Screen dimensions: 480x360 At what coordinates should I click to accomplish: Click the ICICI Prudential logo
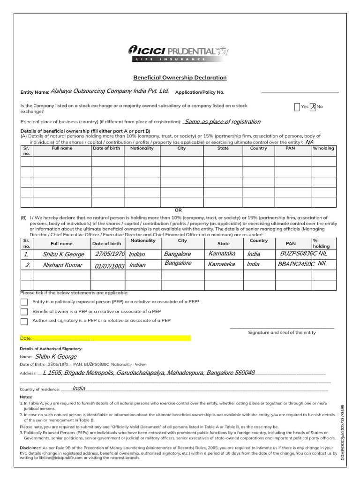(x=178, y=52)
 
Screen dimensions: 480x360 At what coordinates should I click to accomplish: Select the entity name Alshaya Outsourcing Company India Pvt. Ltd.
(x=109, y=91)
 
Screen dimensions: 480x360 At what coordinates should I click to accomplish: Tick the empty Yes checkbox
(x=297, y=107)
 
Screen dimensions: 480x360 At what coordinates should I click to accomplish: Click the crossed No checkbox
(x=313, y=107)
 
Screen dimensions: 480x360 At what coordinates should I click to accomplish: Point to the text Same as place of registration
(x=223, y=122)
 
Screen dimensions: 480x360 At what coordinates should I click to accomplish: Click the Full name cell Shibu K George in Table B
(x=63, y=255)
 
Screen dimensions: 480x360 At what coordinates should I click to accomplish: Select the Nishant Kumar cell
(x=62, y=265)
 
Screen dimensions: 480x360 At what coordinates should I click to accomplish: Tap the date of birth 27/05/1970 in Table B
(x=109, y=254)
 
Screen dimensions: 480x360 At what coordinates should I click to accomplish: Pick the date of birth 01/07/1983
(x=109, y=266)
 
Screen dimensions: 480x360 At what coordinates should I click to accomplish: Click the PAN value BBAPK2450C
(x=296, y=264)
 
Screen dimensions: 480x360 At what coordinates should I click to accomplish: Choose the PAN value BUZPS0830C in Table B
(x=298, y=254)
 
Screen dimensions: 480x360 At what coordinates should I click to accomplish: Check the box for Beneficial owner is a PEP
(x=24, y=312)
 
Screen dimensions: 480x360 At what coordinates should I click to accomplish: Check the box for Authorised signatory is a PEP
(x=24, y=321)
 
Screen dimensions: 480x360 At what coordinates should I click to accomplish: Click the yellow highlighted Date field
(x=105, y=338)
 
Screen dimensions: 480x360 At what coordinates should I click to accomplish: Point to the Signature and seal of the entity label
(x=282, y=332)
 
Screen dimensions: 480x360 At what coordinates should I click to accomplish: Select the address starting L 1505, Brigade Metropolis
(x=149, y=373)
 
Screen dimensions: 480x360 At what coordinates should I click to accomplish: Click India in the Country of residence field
(x=79, y=388)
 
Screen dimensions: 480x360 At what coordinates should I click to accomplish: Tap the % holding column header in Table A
(x=323, y=148)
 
